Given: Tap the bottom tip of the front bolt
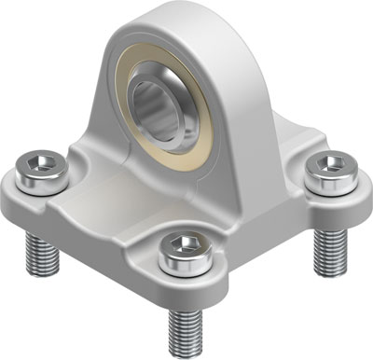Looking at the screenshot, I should pos(184,351).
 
